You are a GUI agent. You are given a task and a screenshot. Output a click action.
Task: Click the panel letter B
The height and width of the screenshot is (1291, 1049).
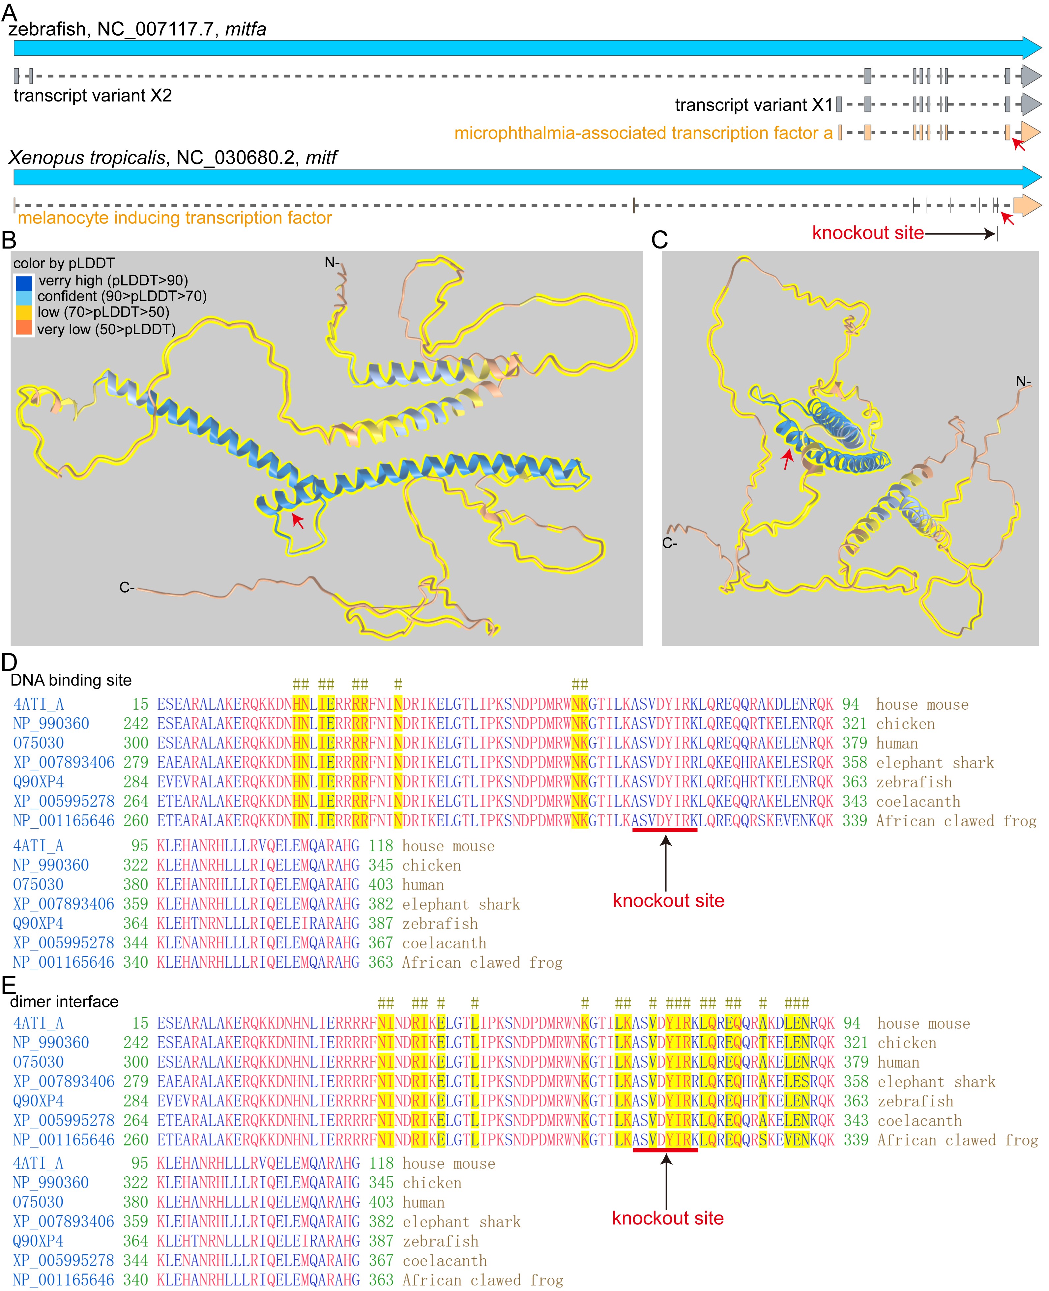pyautogui.click(x=9, y=241)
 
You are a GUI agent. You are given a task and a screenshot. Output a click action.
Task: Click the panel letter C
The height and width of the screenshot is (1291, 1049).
pyautogui.click(x=659, y=241)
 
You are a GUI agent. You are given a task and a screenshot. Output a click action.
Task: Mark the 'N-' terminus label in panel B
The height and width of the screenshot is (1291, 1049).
pyautogui.click(x=332, y=262)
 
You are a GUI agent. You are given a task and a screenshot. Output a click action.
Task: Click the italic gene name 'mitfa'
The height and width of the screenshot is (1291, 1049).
pyautogui.click(x=245, y=29)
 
